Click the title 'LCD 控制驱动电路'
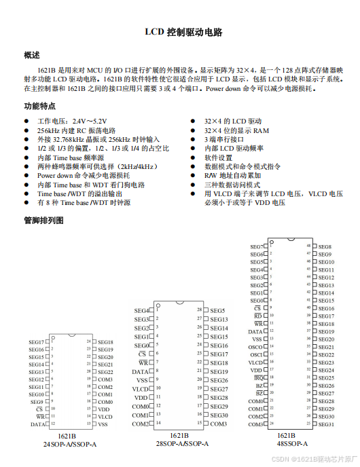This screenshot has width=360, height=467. [x=179, y=32]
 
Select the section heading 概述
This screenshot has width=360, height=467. [x=32, y=55]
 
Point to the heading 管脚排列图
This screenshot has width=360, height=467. [x=43, y=221]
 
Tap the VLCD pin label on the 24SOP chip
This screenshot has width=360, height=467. [x=105, y=417]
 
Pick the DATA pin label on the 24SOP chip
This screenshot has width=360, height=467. [x=37, y=424]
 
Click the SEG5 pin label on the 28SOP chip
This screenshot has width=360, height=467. [x=217, y=311]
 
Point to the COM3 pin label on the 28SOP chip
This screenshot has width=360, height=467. [x=218, y=424]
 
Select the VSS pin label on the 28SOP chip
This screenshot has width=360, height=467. [x=142, y=381]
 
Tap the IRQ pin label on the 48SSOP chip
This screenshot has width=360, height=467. [x=257, y=378]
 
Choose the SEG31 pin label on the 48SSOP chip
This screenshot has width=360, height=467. [x=326, y=424]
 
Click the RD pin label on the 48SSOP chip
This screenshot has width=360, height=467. [x=258, y=316]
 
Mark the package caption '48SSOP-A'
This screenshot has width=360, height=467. [x=291, y=444]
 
